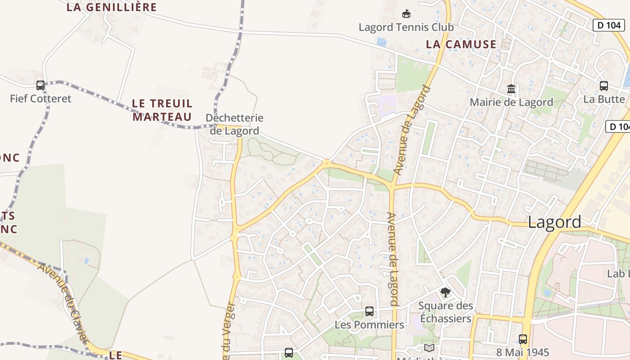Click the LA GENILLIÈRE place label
(112, 7)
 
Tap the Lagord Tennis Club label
(406, 27)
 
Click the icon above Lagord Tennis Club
(406, 14)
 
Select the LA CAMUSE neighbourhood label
(461, 45)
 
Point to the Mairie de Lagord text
(511, 102)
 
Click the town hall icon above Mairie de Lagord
(511, 89)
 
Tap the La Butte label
(604, 99)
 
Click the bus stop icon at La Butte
(604, 85)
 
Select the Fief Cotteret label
(40, 99)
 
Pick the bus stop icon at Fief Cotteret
(40, 85)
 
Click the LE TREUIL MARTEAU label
(162, 110)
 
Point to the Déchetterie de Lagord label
(234, 124)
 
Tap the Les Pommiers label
(369, 324)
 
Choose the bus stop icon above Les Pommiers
(369, 311)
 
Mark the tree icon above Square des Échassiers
(445, 292)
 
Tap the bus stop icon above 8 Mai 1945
(522, 339)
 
